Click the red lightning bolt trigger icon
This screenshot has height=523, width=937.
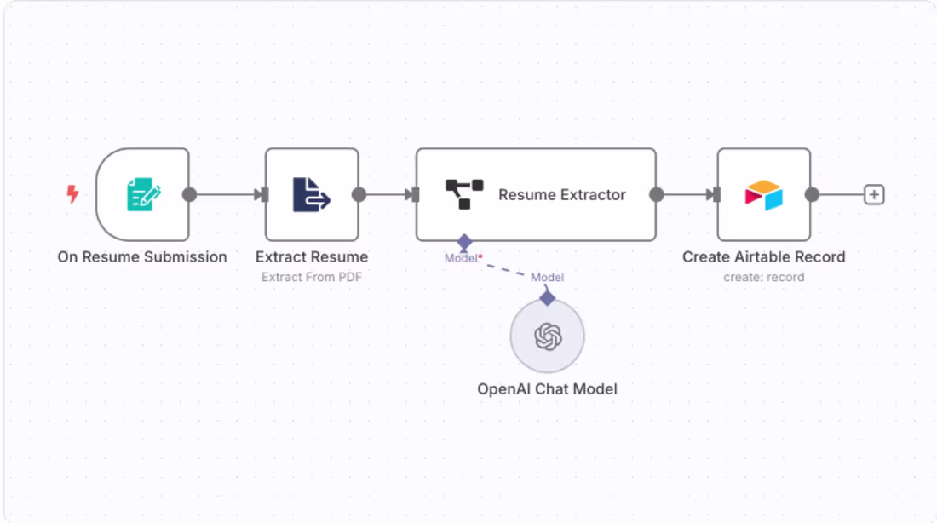click(72, 195)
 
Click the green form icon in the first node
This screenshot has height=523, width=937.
click(143, 194)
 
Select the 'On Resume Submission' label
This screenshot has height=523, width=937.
click(142, 256)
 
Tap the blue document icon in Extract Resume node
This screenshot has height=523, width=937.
click(311, 194)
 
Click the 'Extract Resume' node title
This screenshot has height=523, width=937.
click(312, 256)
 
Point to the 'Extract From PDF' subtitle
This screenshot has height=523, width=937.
click(312, 277)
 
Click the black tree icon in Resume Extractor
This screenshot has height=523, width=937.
click(464, 194)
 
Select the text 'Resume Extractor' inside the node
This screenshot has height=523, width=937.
click(561, 195)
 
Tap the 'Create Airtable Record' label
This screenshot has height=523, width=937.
click(763, 256)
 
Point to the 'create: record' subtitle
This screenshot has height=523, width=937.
click(763, 277)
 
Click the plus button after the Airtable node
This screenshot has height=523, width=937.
click(873, 195)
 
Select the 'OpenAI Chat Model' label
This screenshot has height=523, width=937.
click(547, 389)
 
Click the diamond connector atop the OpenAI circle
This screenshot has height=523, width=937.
click(547, 297)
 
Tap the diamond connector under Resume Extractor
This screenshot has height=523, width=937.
click(464, 243)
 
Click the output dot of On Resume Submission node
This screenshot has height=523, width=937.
click(189, 195)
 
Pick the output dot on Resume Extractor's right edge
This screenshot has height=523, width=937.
click(656, 195)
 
